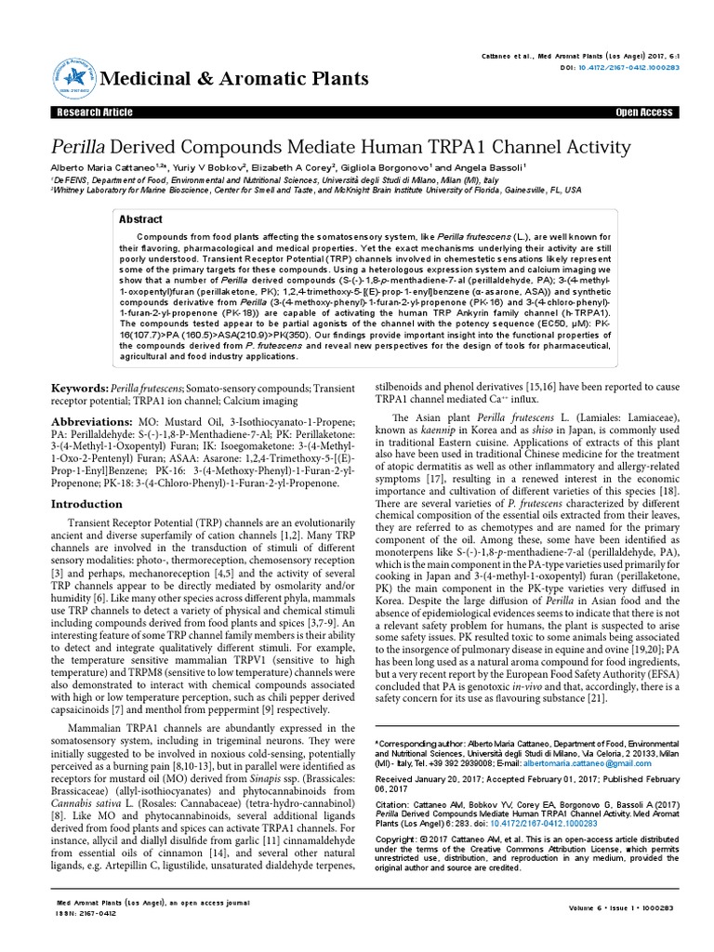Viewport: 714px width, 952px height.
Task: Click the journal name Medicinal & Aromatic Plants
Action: [236, 78]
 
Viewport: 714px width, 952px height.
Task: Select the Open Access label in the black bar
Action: [643, 112]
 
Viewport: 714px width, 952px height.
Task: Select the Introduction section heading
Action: [86, 503]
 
